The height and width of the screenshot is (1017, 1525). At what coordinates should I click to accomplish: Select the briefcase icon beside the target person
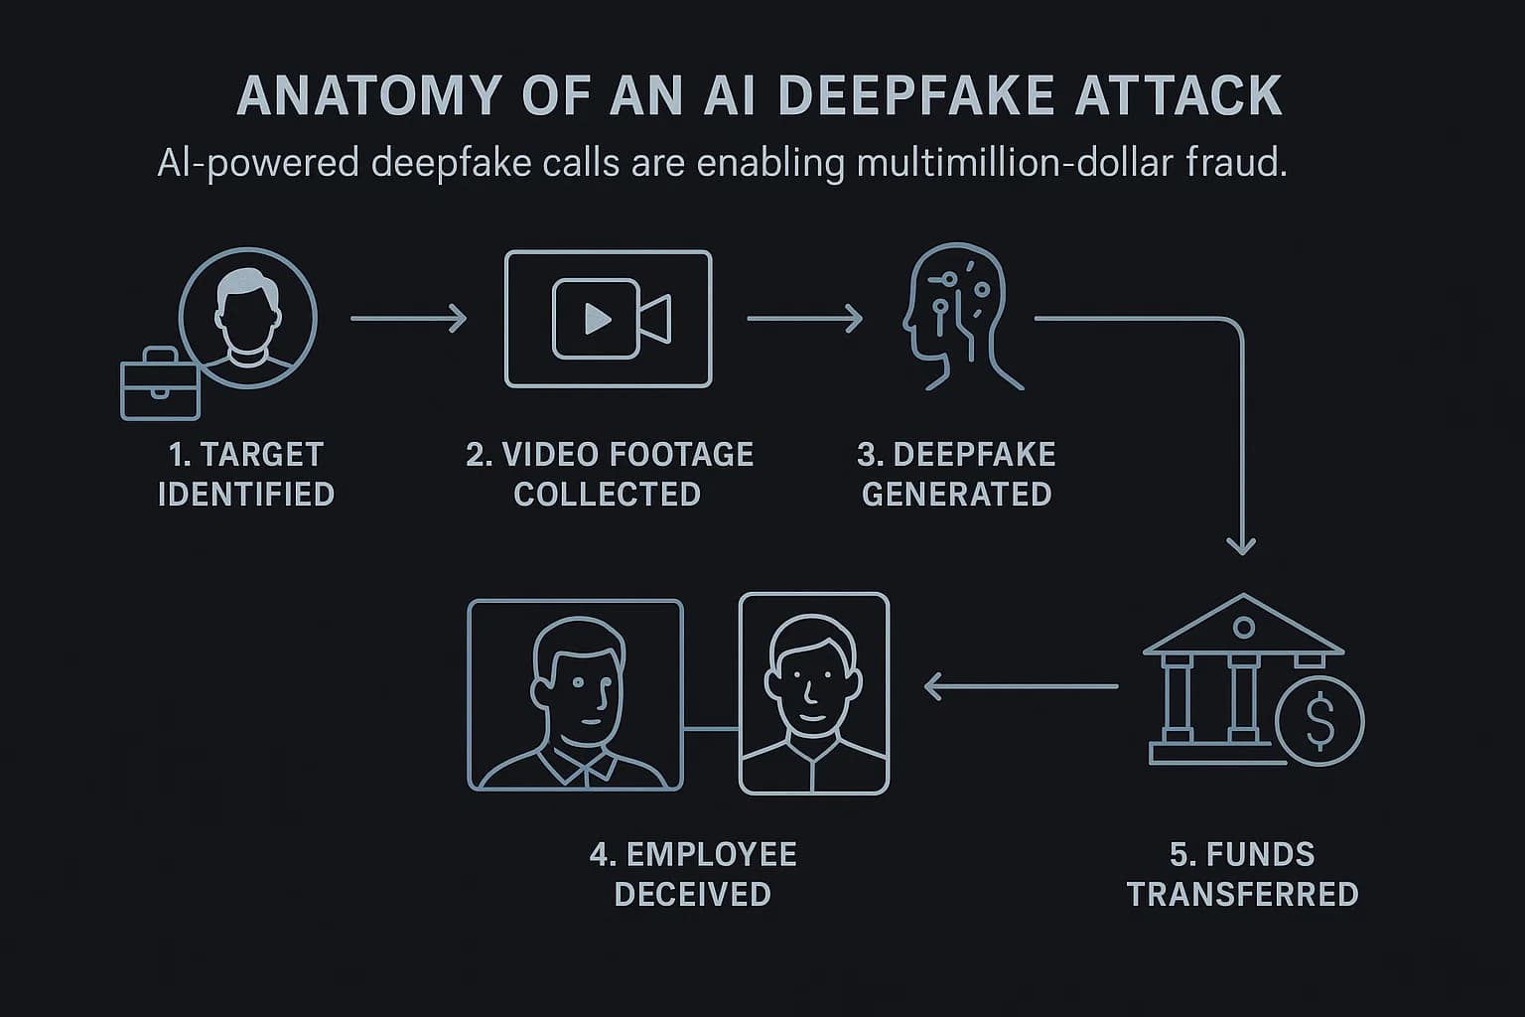(160, 385)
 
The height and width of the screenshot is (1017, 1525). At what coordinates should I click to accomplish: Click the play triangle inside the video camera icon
(597, 318)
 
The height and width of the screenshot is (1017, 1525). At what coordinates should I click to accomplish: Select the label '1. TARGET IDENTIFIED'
(245, 474)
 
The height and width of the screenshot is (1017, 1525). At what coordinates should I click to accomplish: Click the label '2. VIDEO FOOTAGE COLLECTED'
(609, 474)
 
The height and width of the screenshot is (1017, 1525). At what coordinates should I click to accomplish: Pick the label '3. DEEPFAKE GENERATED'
(956, 474)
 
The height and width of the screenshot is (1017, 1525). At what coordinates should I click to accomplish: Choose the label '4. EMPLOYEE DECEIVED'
(693, 874)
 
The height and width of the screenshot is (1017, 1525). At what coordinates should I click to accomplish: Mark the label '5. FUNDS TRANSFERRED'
(1242, 874)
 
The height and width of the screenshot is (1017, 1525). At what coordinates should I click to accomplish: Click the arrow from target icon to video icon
(408, 319)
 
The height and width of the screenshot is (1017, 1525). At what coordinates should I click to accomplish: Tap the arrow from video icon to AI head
(804, 319)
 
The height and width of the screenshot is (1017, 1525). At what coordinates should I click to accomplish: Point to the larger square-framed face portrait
(576, 694)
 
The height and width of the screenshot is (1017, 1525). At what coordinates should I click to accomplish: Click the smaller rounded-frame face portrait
(814, 693)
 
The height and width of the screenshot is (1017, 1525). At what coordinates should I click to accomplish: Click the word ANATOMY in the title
(368, 96)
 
